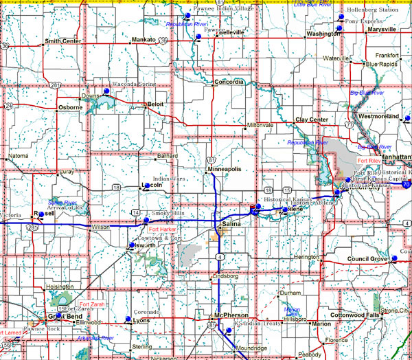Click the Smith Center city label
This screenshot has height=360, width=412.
click(x=62, y=41)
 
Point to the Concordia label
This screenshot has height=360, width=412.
click(x=229, y=82)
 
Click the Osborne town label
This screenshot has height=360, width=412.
click(x=70, y=107)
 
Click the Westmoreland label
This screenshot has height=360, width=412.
click(x=379, y=116)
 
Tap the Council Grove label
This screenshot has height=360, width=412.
click(x=368, y=258)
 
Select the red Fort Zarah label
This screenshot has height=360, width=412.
click(x=93, y=304)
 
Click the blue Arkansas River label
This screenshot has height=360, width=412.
click(x=96, y=338)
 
